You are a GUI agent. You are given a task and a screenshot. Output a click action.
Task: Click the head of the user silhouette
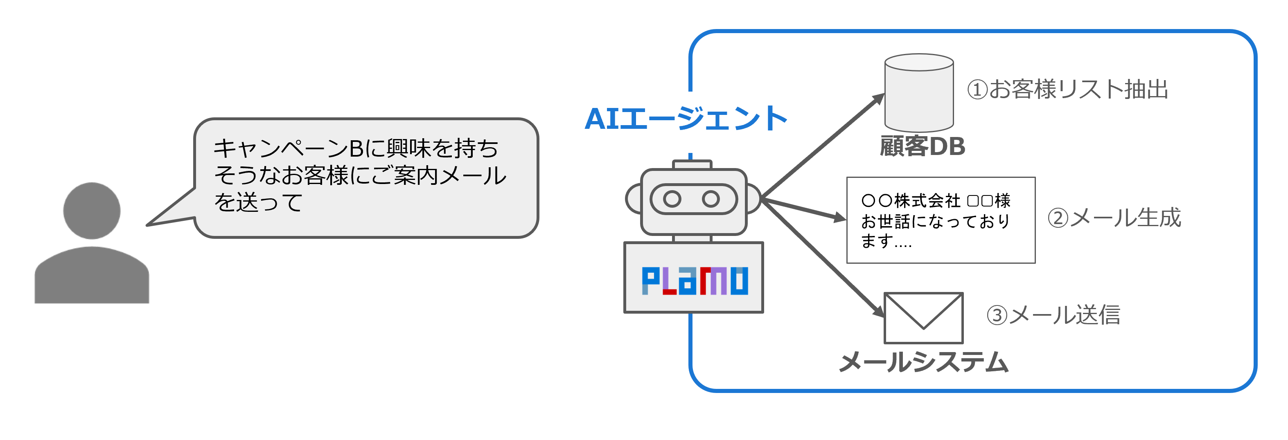[x=92, y=210]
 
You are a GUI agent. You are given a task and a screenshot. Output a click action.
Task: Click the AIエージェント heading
[x=686, y=119]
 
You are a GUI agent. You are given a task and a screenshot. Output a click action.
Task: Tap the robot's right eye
[x=711, y=199]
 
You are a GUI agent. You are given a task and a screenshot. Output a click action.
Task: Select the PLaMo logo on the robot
[x=695, y=281]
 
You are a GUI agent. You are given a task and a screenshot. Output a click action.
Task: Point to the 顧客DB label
[x=922, y=146]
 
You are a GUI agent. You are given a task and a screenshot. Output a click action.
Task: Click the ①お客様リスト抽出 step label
[x=1067, y=90]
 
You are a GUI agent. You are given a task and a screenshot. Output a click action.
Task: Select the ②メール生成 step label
[x=1114, y=218]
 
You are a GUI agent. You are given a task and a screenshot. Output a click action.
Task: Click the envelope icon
[x=923, y=318]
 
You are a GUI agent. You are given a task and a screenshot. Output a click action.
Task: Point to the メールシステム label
[x=923, y=362]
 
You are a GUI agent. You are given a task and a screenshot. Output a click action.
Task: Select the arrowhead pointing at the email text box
[x=840, y=217]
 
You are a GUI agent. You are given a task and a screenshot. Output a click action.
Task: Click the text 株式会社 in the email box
[x=927, y=201]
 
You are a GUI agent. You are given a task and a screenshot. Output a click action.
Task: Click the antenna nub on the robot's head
[x=692, y=164]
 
